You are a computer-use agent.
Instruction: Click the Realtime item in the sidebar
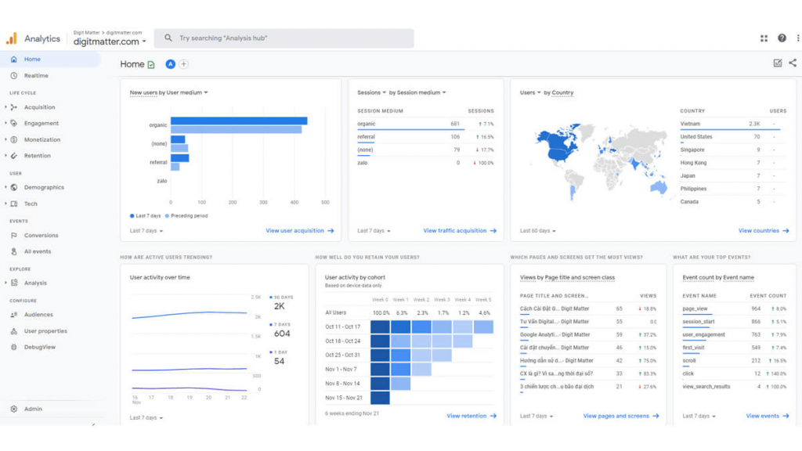click(36, 76)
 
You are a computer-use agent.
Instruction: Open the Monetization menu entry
click(42, 139)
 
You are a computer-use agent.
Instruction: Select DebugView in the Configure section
click(39, 347)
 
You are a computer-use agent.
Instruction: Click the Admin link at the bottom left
click(33, 409)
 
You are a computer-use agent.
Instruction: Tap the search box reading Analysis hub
click(284, 38)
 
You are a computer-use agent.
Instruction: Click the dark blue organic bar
click(239, 121)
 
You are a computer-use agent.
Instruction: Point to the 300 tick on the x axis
click(263, 202)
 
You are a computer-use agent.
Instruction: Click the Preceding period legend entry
click(189, 215)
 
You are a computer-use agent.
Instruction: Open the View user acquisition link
click(300, 231)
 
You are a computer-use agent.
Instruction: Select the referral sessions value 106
click(455, 137)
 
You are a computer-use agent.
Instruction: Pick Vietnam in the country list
click(690, 124)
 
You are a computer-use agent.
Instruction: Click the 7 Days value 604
click(282, 334)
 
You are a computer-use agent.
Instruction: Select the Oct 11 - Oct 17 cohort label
click(343, 327)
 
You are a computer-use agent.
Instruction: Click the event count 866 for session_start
click(756, 322)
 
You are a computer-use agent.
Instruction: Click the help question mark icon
click(782, 38)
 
